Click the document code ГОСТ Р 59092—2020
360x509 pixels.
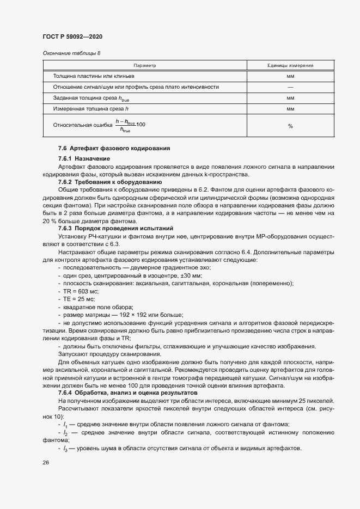pyautogui.click(x=72, y=36)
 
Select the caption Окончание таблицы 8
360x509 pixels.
pyautogui.click(x=71, y=53)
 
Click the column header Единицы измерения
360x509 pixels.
pyautogui.click(x=290, y=65)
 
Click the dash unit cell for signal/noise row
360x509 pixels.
pyautogui.click(x=290, y=87)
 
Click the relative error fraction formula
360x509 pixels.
pyautogui.click(x=130, y=125)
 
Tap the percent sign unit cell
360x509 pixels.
pyautogui.click(x=290, y=126)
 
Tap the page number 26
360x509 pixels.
pyautogui.click(x=46, y=462)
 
